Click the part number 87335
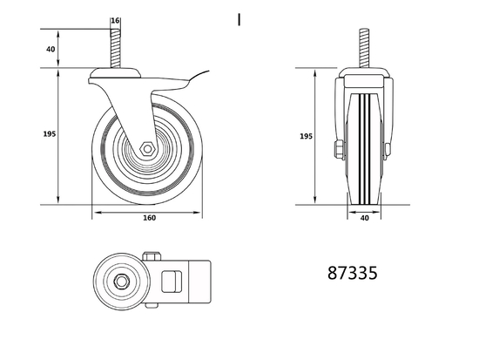click(352, 273)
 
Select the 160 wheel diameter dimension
click(149, 218)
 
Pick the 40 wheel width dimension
click(364, 218)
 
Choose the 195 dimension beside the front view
click(305, 137)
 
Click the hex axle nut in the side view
click(147, 148)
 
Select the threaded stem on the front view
click(364, 48)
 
